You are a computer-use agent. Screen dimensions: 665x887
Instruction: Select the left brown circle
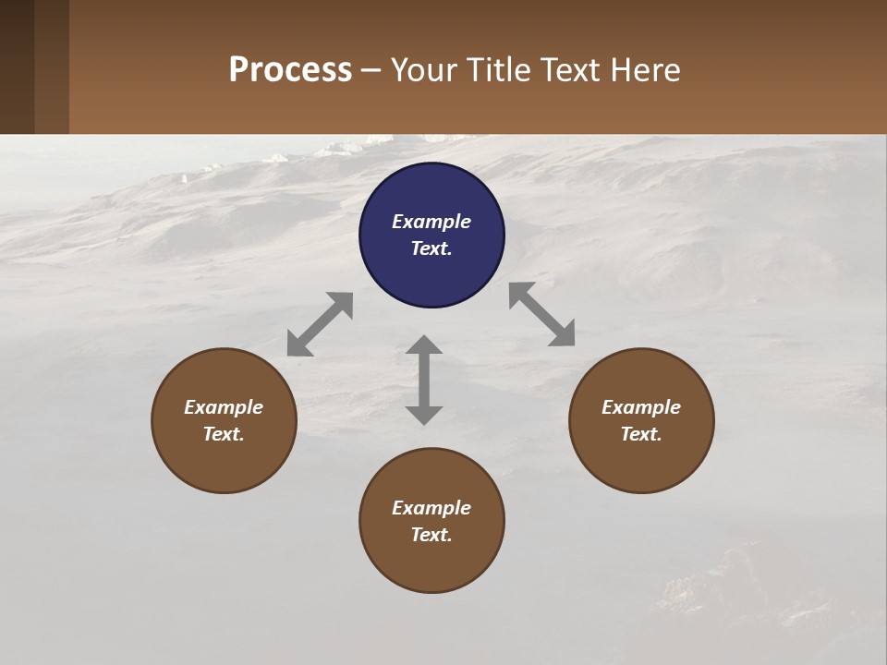coord(224,420)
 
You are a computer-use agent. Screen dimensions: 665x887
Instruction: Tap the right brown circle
coord(641,420)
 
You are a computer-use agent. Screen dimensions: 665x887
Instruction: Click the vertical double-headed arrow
coord(424,381)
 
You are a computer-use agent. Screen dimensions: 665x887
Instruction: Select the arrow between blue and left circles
coord(320,324)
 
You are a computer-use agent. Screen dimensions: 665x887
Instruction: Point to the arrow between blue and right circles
coord(541,314)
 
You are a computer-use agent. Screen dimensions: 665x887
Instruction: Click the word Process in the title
coord(290,69)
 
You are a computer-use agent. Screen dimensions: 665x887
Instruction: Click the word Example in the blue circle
coord(431,222)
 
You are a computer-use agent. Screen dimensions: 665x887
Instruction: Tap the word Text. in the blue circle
coord(431,248)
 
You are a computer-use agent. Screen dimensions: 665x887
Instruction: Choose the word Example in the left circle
coord(224,407)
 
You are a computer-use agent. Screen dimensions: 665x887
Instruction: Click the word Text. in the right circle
coord(641,434)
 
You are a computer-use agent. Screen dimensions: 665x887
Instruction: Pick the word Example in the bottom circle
coord(431,508)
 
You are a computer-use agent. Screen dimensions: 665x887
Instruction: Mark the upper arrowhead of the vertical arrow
coord(424,345)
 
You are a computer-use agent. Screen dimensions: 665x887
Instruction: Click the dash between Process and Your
coord(371,70)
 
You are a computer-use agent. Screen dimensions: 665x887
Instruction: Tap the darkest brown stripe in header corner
coord(17,66)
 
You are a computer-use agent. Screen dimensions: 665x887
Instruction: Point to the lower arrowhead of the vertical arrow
coord(424,415)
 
